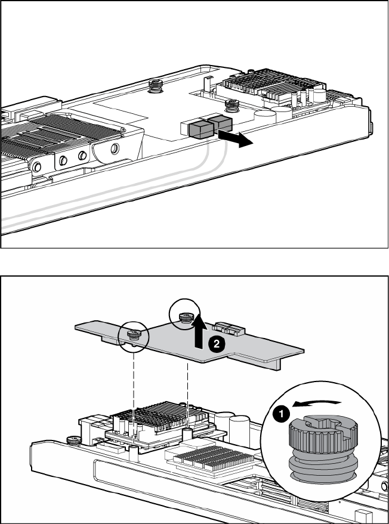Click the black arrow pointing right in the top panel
(236, 138)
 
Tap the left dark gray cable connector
(200, 129)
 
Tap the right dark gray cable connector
(220, 123)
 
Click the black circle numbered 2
(217, 344)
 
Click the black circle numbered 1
(281, 414)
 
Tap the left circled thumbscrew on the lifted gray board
(134, 335)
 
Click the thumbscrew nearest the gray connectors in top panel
(230, 106)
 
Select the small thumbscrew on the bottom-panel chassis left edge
(73, 441)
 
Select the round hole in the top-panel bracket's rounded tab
(115, 148)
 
